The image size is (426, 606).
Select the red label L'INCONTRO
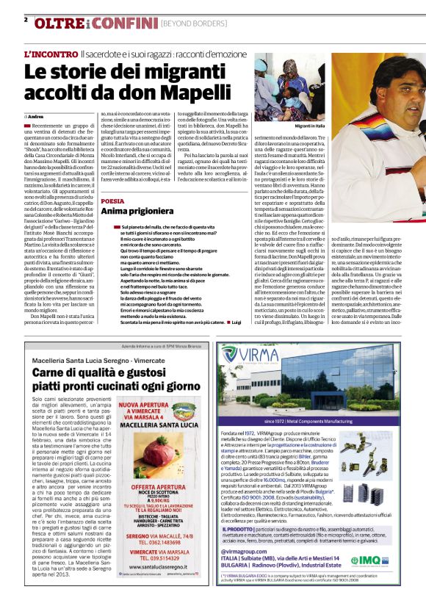[51, 55]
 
